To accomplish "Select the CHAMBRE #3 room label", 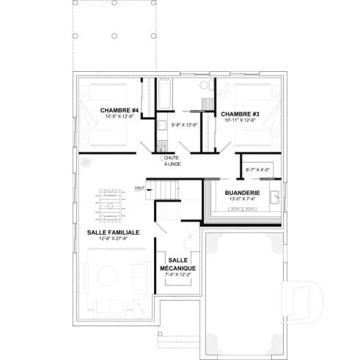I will point(240,114).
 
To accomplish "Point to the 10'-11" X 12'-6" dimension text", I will point(240,120).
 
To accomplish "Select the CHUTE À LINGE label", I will point(172,161).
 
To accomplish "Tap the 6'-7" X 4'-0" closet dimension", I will point(257,170).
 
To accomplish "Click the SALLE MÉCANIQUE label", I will point(178,265).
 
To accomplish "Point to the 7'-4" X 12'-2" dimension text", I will point(178,276).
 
